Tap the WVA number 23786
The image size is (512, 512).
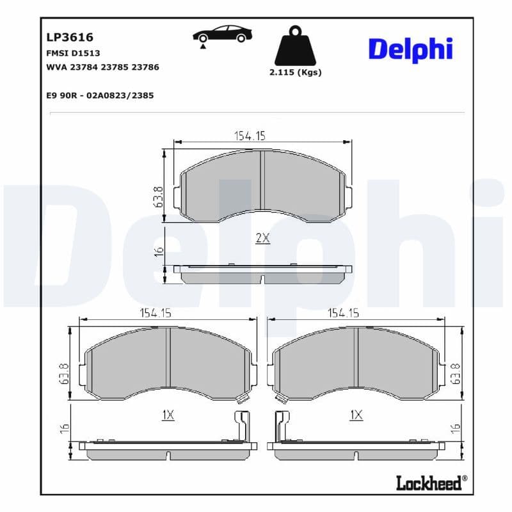tap(145, 67)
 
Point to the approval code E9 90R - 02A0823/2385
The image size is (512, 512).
tap(100, 95)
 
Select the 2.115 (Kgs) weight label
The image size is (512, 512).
tap(295, 72)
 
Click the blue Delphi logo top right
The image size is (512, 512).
tap(410, 49)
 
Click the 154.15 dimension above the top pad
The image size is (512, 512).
tap(249, 135)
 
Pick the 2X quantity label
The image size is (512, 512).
tap(262, 238)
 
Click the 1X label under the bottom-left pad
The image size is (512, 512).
tap(168, 415)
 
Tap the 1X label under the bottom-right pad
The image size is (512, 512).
tap(356, 415)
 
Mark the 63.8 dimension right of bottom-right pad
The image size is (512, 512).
tap(456, 373)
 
